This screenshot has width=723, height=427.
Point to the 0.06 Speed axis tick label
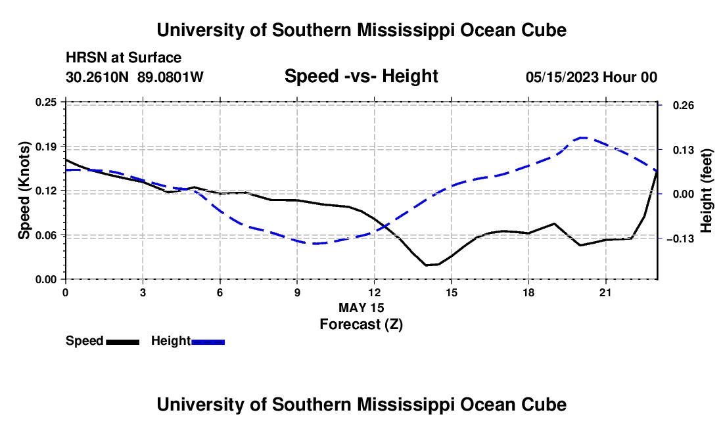coord(46,235)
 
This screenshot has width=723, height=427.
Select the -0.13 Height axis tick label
coord(680,238)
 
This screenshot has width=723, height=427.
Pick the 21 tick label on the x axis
coord(605,292)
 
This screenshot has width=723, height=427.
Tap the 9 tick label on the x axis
coord(297,292)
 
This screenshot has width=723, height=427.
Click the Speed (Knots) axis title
coord(24,191)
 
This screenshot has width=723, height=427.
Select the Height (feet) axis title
coord(706,191)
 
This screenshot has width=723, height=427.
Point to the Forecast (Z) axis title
coord(361,325)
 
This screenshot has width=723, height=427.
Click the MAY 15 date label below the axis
coord(361,307)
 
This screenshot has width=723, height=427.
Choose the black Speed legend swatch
coord(123,342)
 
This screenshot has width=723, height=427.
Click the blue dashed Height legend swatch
coord(208,342)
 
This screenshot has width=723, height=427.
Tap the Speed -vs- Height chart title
coord(361,76)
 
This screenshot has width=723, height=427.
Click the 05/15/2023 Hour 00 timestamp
coord(592,77)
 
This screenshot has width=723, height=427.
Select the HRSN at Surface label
coord(124,58)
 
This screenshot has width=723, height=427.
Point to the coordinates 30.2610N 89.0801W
coord(135,77)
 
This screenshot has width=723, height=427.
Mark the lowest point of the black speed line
coord(426,265)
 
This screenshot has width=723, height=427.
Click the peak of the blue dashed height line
coord(582,137)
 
